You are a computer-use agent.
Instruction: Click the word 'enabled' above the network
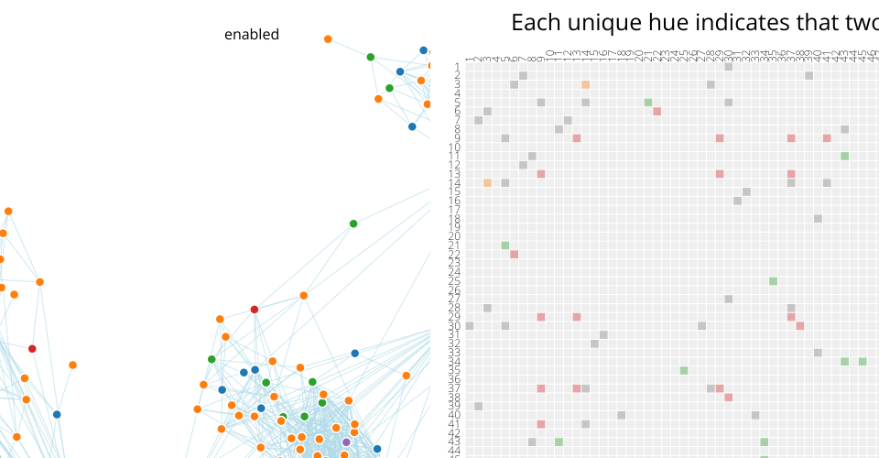[x=252, y=35]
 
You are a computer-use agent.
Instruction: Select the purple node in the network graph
[x=346, y=442]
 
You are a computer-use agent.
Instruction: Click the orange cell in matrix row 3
[x=585, y=84]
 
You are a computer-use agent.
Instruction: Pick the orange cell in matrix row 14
[x=487, y=182]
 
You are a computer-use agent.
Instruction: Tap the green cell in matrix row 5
[x=647, y=103]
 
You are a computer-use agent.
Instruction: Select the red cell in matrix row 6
[x=657, y=112]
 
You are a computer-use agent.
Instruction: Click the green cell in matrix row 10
[x=844, y=156]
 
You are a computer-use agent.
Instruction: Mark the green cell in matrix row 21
[x=505, y=245]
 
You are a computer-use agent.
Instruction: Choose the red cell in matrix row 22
[x=514, y=255]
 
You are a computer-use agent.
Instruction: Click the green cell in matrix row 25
[x=773, y=281]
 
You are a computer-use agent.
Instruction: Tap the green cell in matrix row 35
[x=683, y=370]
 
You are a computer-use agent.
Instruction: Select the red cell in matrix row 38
[x=728, y=398]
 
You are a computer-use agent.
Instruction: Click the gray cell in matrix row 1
[x=728, y=67]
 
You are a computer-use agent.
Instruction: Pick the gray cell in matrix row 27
[x=728, y=299]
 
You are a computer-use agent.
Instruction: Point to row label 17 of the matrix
[x=455, y=210]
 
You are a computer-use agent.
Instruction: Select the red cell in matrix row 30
[x=799, y=325]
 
